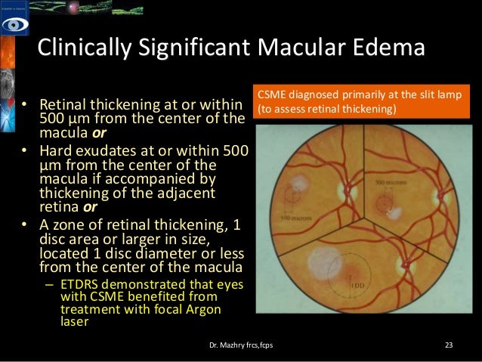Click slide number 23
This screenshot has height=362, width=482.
pyautogui.click(x=449, y=345)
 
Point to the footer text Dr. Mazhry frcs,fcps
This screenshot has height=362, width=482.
pyautogui.click(x=241, y=345)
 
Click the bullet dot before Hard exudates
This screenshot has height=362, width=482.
pyautogui.click(x=23, y=151)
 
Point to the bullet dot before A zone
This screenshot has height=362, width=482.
pyautogui.click(x=23, y=225)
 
